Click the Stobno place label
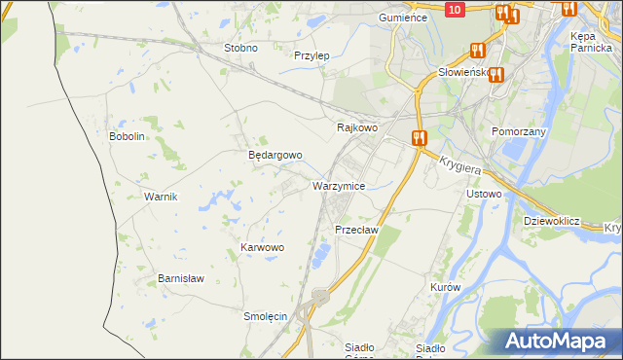240,48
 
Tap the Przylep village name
311,55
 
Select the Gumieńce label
404,18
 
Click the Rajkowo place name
356,127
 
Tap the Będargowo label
275,155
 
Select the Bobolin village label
127,136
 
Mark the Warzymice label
339,185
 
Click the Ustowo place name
484,194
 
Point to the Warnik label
160,197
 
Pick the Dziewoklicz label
551,221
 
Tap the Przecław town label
355,230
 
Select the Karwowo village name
262,248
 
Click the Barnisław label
181,278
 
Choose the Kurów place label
444,288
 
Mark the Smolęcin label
265,316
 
